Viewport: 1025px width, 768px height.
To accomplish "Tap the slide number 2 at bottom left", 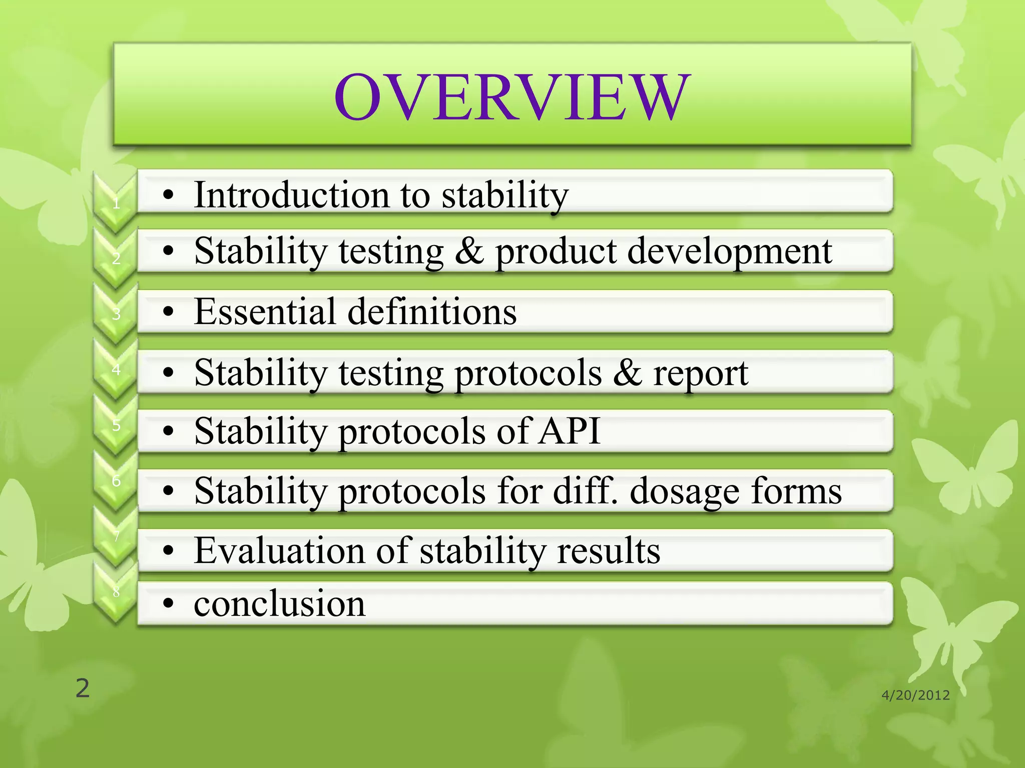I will [x=83, y=688].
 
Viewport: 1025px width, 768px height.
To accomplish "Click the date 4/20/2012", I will [x=915, y=695].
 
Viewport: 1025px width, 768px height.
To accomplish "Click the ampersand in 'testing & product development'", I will [x=469, y=251].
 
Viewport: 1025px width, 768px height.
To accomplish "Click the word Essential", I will [x=265, y=311].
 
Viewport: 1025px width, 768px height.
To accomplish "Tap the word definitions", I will [x=432, y=311].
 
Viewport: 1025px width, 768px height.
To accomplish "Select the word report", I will [x=700, y=373].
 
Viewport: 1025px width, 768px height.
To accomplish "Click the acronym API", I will [x=569, y=431].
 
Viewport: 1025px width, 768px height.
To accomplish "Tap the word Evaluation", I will [x=279, y=550].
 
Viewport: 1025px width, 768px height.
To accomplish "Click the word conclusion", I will [x=279, y=603].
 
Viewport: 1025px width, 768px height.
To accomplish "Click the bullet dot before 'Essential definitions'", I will [x=169, y=312].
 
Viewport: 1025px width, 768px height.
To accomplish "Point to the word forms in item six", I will [x=796, y=490].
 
